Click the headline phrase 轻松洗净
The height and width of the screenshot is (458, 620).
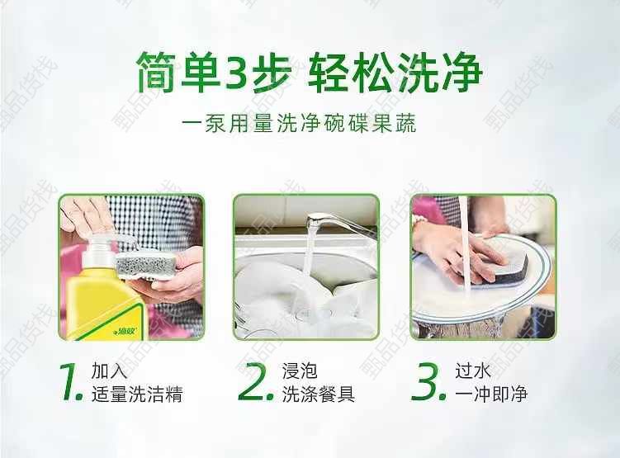coord(395,73)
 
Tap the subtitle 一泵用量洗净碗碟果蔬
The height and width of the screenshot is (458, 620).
coord(299,123)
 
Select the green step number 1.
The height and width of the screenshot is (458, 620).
coord(71,382)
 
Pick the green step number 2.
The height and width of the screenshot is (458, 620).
coord(256,382)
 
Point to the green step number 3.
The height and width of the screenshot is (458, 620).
coord(428,382)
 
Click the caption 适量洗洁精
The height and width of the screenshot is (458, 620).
coord(137,394)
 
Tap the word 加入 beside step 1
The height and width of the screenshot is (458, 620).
coord(109,371)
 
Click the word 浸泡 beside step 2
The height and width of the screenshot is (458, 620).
coord(300,371)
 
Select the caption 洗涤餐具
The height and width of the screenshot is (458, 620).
coord(319,394)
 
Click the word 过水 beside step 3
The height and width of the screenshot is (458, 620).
coord(472,371)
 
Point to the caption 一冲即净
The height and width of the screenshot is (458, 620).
coord(491,394)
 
